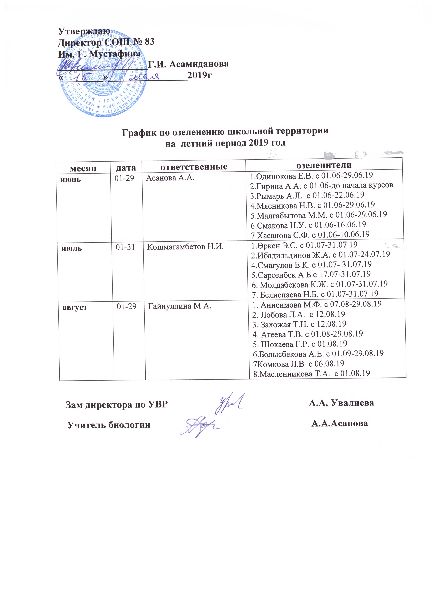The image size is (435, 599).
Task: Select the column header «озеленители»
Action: (324, 165)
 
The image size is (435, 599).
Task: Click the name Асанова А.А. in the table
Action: (170, 178)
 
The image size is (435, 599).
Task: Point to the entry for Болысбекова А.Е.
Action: (318, 353)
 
